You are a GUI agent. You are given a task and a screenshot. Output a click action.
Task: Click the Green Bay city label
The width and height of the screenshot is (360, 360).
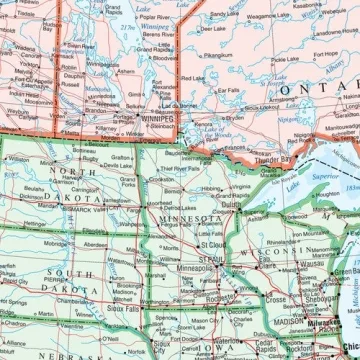345,271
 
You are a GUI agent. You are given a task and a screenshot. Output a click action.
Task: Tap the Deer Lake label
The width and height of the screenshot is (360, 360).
212,29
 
